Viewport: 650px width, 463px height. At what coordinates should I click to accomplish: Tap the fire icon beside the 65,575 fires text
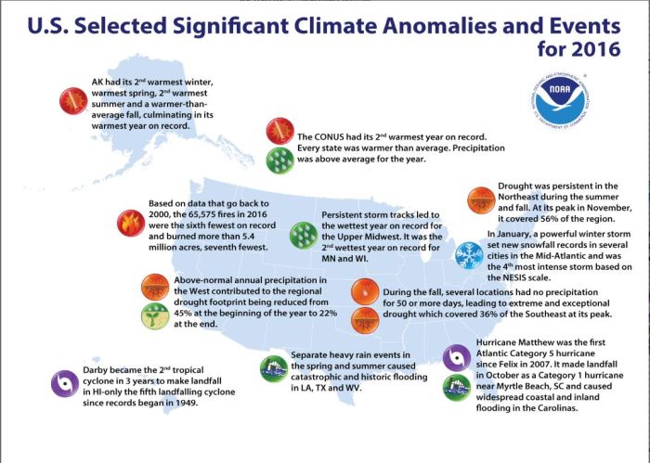coord(126,222)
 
